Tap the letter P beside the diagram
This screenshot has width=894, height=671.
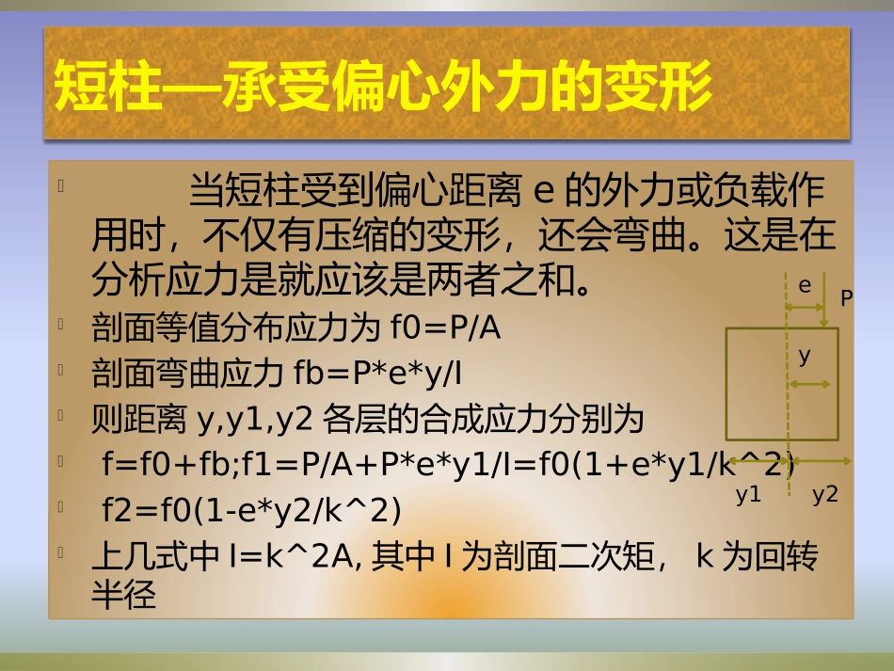846,299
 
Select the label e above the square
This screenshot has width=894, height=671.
805,284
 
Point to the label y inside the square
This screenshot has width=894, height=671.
805,356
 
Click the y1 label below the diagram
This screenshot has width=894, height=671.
749,496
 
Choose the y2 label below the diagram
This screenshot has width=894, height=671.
825,496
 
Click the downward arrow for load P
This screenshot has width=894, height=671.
824,301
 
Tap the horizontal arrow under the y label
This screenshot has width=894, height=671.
810,384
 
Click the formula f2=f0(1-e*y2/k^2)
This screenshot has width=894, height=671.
252,511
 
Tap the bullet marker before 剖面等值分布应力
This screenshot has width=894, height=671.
60,326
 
